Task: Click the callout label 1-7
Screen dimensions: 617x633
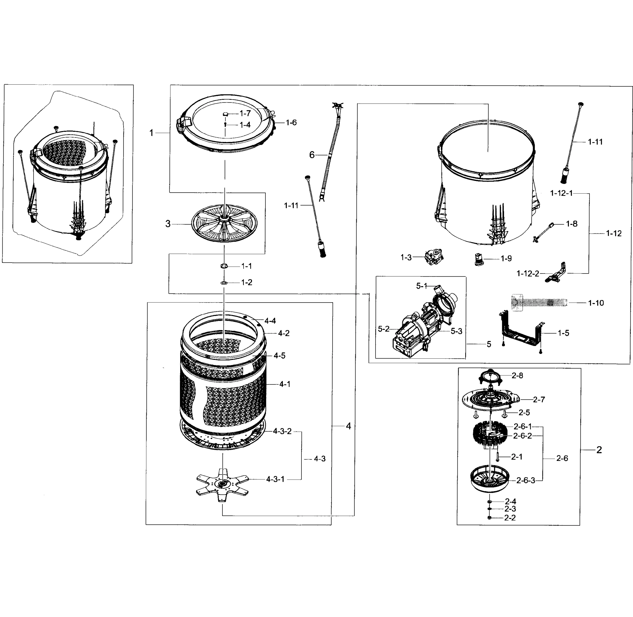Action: [245, 113]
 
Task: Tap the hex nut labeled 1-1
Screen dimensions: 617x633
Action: [224, 266]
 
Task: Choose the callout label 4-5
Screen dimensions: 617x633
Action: [279, 356]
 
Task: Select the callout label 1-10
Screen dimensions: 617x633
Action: [596, 303]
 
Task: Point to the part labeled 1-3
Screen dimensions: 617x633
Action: [434, 258]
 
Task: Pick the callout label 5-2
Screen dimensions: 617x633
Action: [384, 329]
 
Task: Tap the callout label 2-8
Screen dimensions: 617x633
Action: [517, 376]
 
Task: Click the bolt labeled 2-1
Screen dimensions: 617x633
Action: [497, 457]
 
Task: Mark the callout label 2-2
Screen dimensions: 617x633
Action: [510, 518]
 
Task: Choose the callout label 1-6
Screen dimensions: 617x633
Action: [291, 122]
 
